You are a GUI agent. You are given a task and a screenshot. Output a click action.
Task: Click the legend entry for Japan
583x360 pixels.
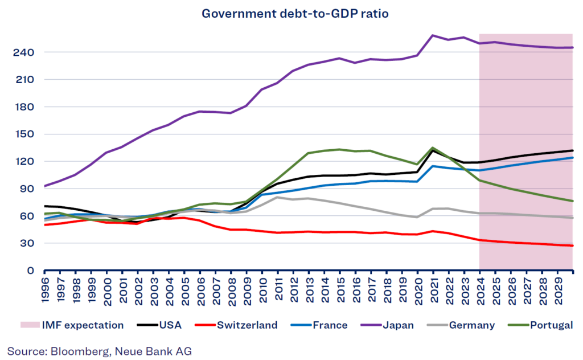click(x=401, y=325)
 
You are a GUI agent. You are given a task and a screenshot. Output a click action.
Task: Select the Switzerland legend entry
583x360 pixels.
click(x=247, y=325)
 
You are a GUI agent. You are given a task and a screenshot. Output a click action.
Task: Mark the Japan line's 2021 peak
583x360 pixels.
click(x=433, y=35)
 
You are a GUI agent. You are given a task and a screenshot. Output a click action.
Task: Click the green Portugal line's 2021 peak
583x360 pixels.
click(x=433, y=148)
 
